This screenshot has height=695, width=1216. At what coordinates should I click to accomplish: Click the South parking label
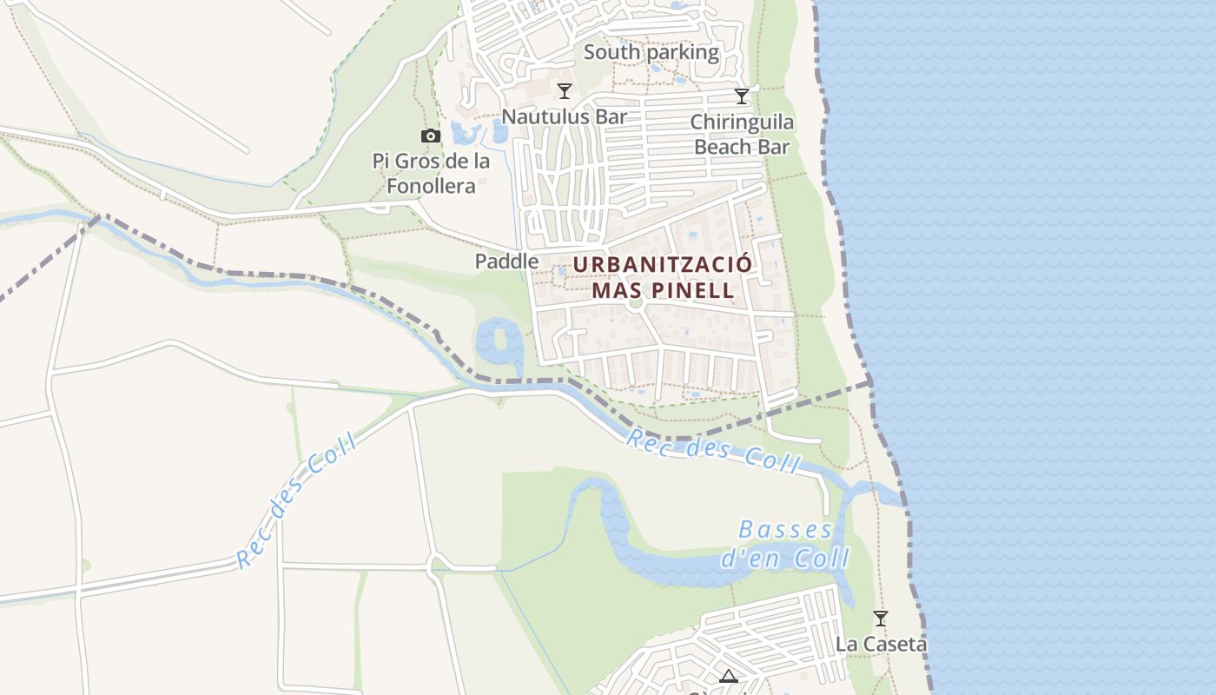point(651,52)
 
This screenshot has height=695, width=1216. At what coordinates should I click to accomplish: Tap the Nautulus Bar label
point(565,116)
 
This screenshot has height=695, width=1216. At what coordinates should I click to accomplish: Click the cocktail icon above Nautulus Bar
point(565,90)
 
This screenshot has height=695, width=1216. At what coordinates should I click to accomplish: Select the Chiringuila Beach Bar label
point(742,134)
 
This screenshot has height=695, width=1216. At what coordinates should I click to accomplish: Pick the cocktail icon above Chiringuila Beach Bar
point(742,96)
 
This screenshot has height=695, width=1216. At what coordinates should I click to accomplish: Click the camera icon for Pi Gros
point(430,136)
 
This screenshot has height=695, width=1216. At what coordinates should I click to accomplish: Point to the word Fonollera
point(431,186)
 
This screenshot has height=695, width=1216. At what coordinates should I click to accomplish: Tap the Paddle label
point(506,261)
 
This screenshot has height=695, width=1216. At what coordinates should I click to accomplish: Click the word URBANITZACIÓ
point(662,263)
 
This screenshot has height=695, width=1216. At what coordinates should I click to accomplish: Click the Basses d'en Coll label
point(785,543)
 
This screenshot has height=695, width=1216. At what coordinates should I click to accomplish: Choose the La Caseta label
point(881,644)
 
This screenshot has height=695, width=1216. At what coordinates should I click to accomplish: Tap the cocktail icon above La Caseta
point(881,619)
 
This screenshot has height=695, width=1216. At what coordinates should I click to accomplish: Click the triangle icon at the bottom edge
point(728,677)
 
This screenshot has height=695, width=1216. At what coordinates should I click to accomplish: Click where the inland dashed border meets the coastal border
point(869,381)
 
